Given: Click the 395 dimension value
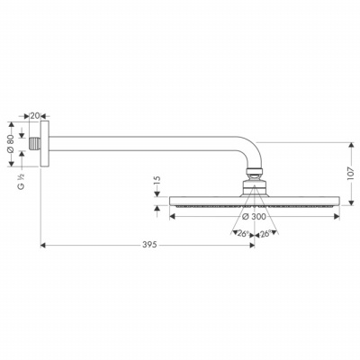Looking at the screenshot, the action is coord(149,245).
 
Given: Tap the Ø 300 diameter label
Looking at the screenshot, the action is coord(254,216).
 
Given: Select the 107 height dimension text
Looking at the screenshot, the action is coord(351,174).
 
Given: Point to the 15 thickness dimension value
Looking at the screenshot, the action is coord(157,182).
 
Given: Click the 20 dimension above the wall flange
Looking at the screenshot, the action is coord(35,116).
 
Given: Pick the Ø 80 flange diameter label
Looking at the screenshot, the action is coord(11,144).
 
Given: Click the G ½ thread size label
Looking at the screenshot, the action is coord(22,182).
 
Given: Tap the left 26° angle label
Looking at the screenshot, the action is coord(243,233).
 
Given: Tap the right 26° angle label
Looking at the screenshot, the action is coord(265,233).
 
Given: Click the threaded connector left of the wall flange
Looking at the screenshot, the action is coord(34,144).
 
